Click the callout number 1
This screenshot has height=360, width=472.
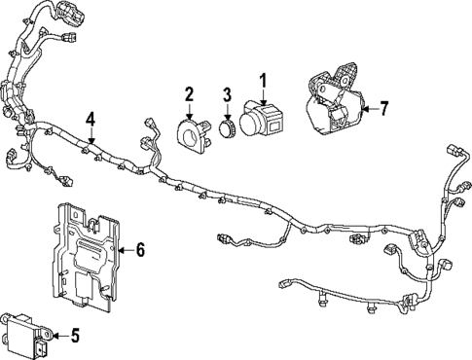point(263,81)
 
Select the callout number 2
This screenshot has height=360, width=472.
point(189,93)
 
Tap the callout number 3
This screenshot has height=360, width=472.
point(228,94)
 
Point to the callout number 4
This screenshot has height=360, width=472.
point(91,121)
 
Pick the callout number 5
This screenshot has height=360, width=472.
point(75,336)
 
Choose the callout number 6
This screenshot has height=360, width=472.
point(140,250)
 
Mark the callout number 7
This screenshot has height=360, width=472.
point(383,109)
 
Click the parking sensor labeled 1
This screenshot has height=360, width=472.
point(261,119)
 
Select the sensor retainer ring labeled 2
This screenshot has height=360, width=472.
point(194,135)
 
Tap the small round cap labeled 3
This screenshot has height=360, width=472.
point(227,128)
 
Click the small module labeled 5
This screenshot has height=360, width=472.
point(26,335)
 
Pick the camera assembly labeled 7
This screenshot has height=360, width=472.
point(336,103)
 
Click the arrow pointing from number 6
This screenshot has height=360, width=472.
point(126,250)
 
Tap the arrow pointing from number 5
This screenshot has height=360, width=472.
point(60,336)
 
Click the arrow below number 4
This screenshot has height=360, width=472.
point(91,136)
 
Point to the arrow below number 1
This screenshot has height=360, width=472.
point(264,97)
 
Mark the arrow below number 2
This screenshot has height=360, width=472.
point(190,111)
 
